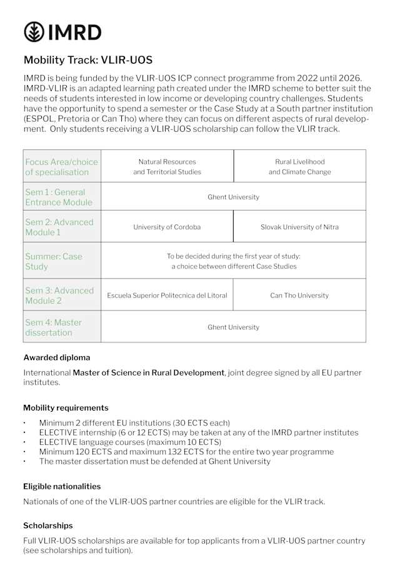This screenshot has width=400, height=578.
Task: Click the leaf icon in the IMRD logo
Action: (x=34, y=31)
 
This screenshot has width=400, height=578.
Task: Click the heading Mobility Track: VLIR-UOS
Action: (x=87, y=61)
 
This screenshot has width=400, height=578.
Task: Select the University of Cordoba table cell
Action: (x=167, y=227)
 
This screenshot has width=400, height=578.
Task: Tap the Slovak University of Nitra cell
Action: (x=299, y=227)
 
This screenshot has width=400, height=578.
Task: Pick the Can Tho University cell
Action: (x=299, y=295)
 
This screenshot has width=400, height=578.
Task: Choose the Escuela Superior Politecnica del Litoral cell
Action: (x=167, y=295)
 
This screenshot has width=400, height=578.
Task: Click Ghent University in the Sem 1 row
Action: (x=233, y=197)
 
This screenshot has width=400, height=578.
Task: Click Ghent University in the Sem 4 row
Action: (x=233, y=327)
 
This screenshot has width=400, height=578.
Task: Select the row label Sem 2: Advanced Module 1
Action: (x=59, y=227)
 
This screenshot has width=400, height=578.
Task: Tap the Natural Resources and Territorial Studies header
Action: (x=167, y=166)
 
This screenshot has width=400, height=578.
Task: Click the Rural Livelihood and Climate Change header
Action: (x=299, y=166)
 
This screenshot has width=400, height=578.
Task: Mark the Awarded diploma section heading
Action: (x=57, y=357)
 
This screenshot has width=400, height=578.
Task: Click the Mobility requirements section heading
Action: (x=66, y=407)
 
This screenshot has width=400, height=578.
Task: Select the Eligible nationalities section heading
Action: (x=62, y=486)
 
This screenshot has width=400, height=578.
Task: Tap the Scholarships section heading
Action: (x=48, y=526)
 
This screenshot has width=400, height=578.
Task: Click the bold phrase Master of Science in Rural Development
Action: (x=148, y=372)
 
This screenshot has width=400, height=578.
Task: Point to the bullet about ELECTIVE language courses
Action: (x=130, y=442)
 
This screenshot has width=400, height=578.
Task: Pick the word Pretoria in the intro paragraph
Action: (x=79, y=119)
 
